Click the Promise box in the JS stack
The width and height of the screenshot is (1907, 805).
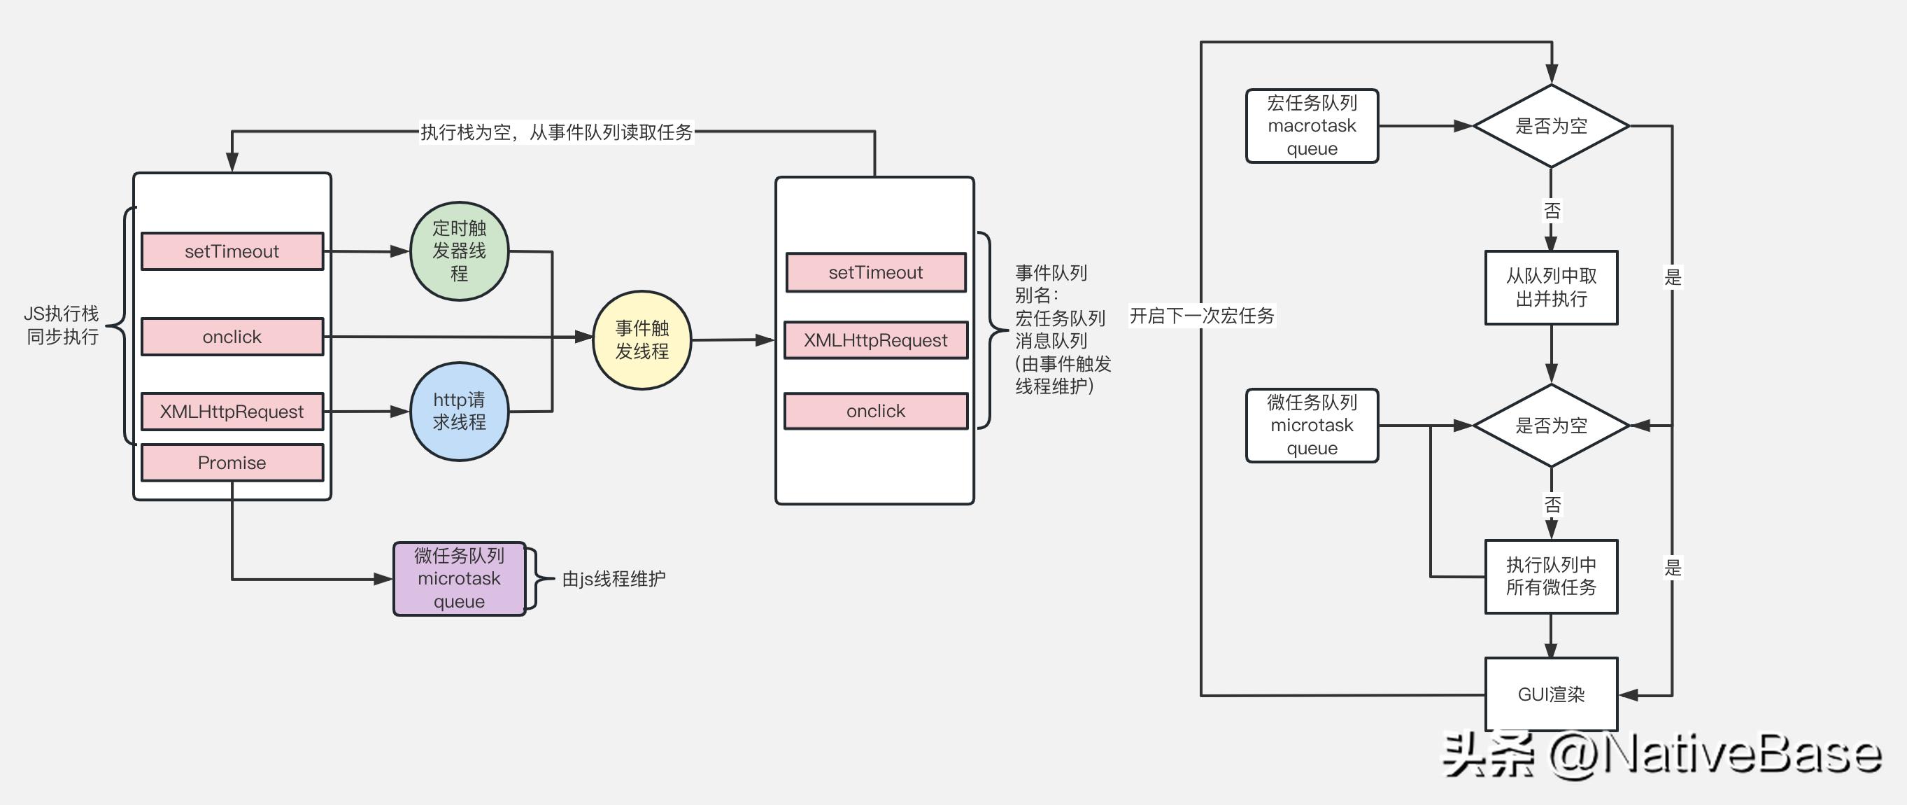(232, 462)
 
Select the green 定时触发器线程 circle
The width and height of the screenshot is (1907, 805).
(459, 251)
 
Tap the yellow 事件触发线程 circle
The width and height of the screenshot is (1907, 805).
(641, 340)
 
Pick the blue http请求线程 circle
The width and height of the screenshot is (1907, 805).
(459, 411)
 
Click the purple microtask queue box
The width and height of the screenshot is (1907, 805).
(459, 578)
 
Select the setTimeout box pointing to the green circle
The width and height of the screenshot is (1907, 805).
(232, 251)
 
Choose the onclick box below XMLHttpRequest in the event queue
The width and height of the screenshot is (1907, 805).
(876, 411)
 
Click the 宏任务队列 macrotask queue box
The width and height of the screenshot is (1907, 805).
(1312, 126)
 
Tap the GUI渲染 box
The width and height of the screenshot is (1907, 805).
(1551, 694)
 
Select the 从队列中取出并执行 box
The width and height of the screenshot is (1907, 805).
(1551, 287)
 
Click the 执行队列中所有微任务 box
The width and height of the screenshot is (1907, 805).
(1551, 576)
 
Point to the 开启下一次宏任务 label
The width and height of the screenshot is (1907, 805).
(1202, 316)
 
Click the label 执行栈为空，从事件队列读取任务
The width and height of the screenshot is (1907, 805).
(557, 132)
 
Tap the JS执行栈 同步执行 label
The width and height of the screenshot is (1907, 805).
(62, 325)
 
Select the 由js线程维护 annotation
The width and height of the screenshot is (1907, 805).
(614, 578)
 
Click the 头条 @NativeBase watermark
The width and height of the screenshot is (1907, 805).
(1662, 755)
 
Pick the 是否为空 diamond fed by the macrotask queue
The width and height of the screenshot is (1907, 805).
(1551, 126)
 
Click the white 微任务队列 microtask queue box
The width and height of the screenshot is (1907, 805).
(1312, 425)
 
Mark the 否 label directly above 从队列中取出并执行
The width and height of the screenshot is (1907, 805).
(1552, 211)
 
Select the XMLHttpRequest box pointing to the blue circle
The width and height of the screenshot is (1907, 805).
(232, 411)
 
